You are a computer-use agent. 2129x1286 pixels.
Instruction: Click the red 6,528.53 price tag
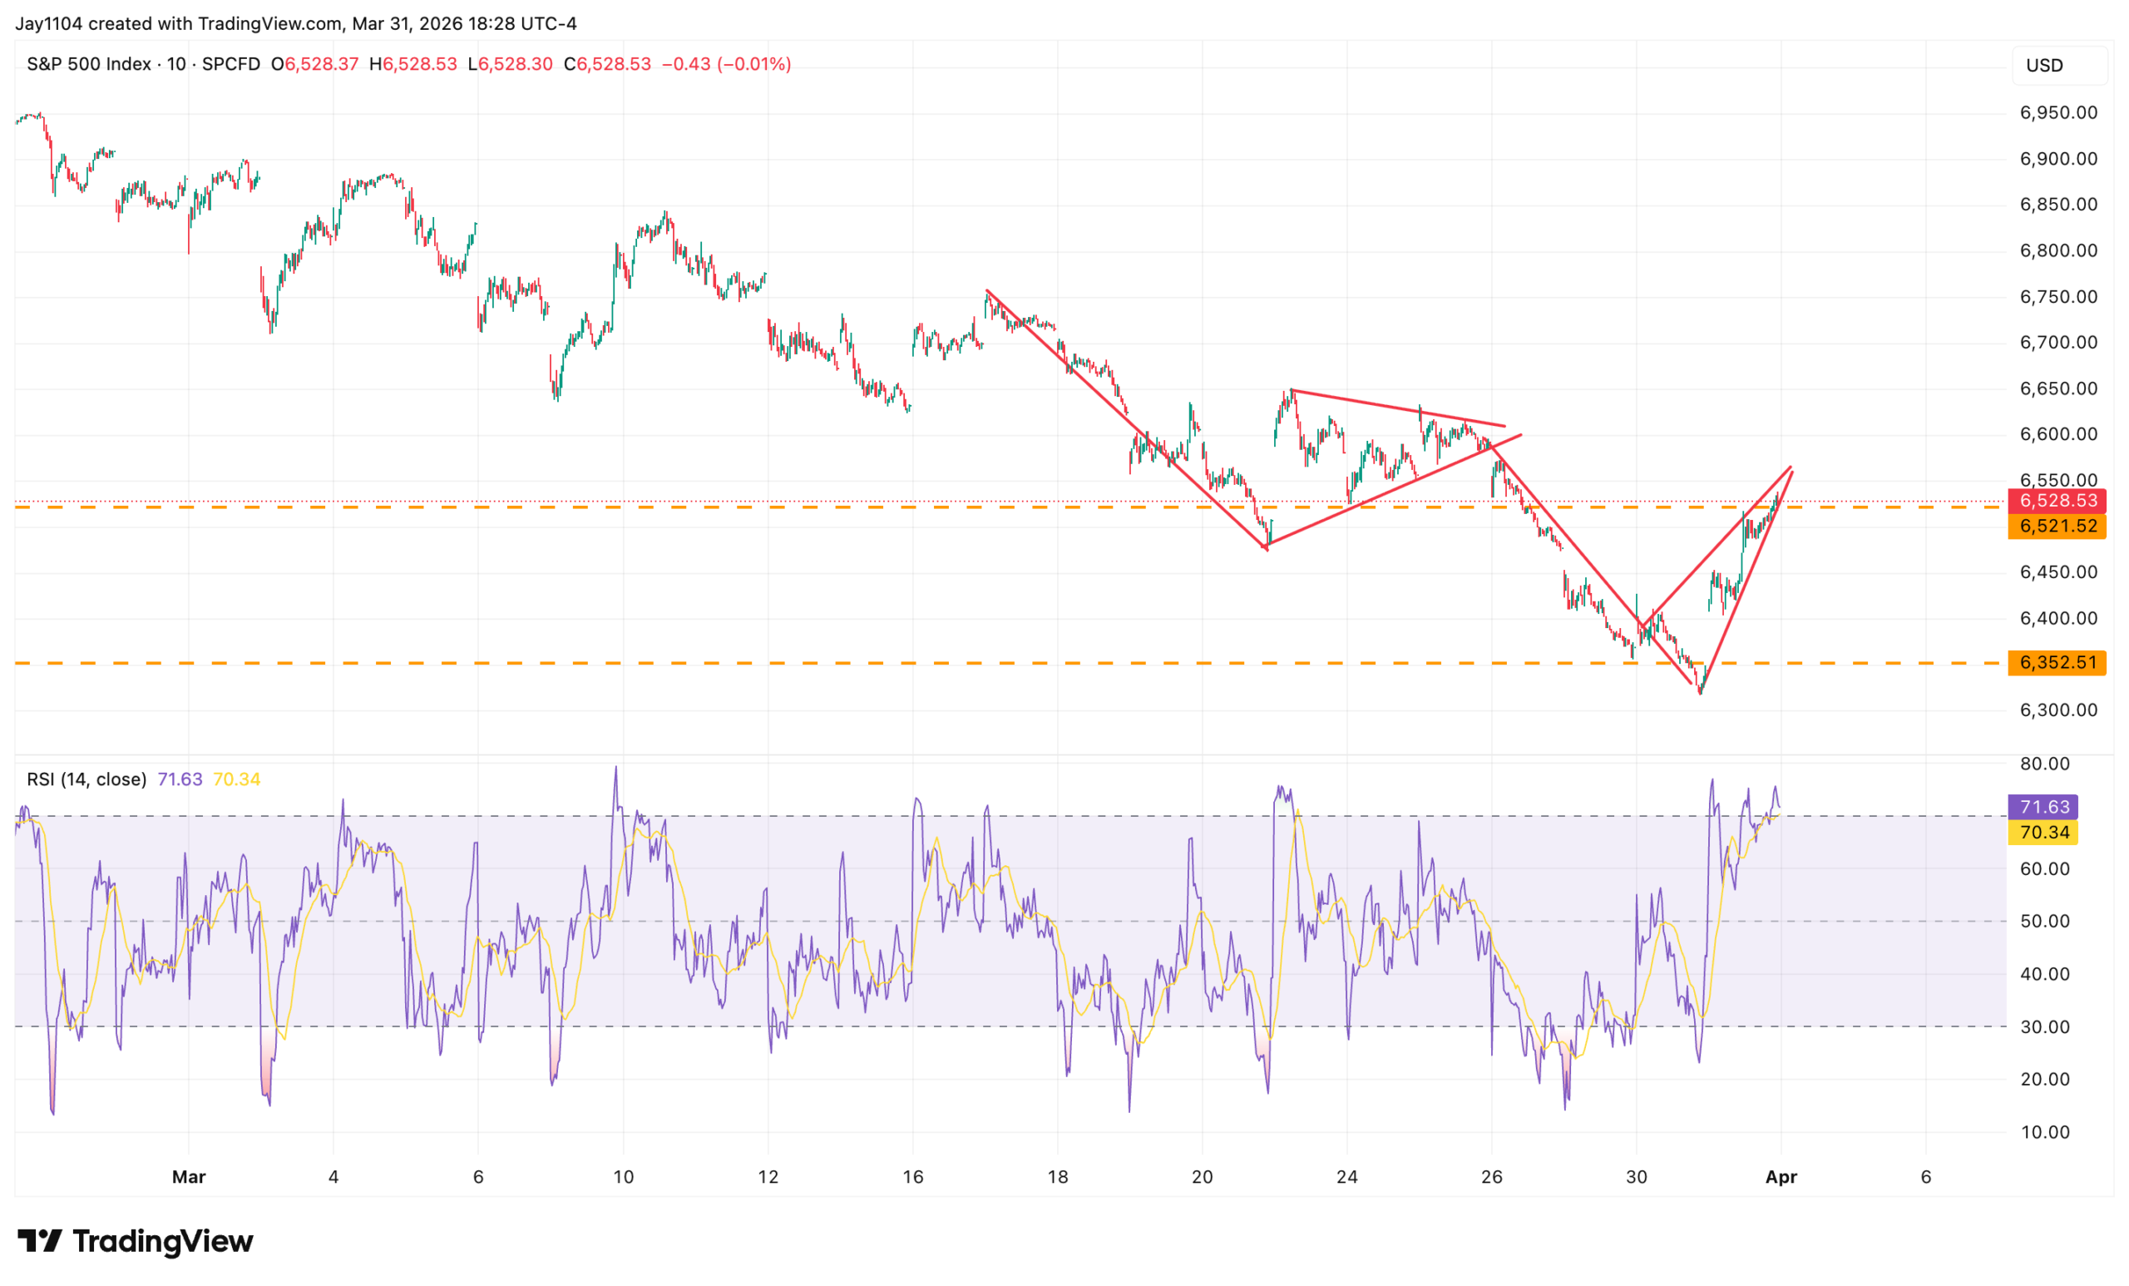(2057, 501)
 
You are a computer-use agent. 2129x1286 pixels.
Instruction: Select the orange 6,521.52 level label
(2057, 526)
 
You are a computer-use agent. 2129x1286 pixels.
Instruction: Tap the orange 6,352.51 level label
(2057, 662)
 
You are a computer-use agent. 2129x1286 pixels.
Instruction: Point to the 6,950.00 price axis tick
(2057, 112)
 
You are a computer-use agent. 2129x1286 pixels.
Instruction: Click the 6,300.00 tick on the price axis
(2057, 710)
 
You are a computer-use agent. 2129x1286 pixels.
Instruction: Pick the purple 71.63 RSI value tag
(2043, 806)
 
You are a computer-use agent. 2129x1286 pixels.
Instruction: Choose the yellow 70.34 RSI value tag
(2043, 833)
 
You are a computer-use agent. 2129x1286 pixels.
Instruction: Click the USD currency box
(2044, 66)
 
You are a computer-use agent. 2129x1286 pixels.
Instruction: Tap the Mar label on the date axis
(188, 1176)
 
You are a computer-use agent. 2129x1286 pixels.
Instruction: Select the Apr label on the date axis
(1781, 1176)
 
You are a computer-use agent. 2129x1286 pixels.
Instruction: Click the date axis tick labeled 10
(623, 1176)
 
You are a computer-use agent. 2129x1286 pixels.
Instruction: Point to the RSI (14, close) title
(86, 779)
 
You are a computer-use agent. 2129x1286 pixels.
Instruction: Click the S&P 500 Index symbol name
(89, 64)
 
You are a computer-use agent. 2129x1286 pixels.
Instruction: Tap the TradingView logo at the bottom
(136, 1241)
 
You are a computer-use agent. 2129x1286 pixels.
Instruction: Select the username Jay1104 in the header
(49, 23)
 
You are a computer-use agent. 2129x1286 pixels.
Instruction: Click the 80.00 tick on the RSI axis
(2044, 763)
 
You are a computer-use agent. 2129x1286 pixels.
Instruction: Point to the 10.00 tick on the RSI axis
(2044, 1131)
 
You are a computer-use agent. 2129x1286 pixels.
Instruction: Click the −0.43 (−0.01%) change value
(726, 64)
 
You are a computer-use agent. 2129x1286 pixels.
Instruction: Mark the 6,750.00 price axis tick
(2057, 296)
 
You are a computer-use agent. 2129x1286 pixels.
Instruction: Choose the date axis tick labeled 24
(1346, 1176)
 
